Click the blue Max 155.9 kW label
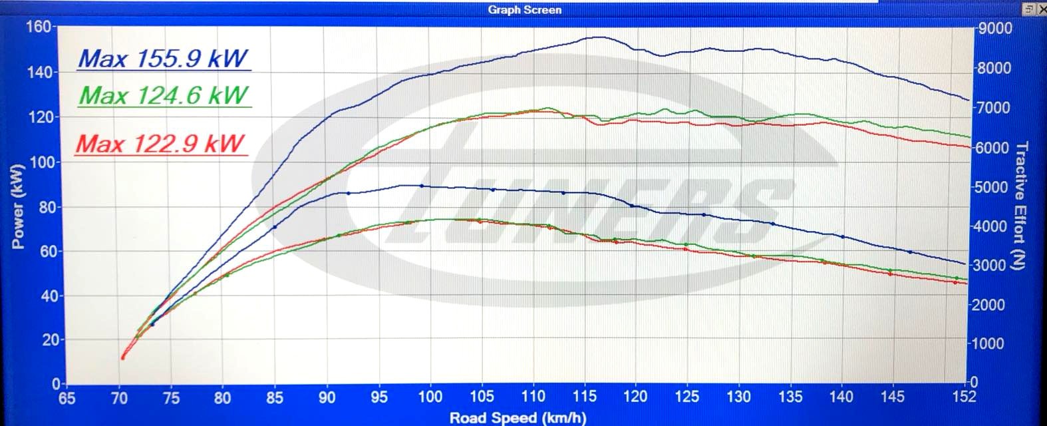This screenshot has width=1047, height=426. click(164, 59)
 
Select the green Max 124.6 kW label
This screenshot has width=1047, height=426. click(164, 96)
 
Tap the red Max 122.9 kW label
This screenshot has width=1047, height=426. click(160, 144)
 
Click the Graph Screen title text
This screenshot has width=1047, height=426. click(524, 9)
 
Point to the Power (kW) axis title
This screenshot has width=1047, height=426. click(18, 206)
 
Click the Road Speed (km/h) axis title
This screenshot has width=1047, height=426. click(518, 418)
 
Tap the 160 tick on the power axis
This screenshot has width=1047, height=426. click(38, 27)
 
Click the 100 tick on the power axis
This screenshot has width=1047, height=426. click(41, 162)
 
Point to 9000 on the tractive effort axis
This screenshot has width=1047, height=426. click(996, 29)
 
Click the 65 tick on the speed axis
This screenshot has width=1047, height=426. click(67, 397)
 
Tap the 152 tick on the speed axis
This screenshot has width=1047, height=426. click(963, 397)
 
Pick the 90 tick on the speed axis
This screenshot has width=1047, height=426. click(327, 397)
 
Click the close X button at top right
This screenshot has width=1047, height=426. click(1042, 9)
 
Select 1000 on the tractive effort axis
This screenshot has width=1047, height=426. click(990, 343)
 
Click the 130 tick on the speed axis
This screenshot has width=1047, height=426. click(738, 397)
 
